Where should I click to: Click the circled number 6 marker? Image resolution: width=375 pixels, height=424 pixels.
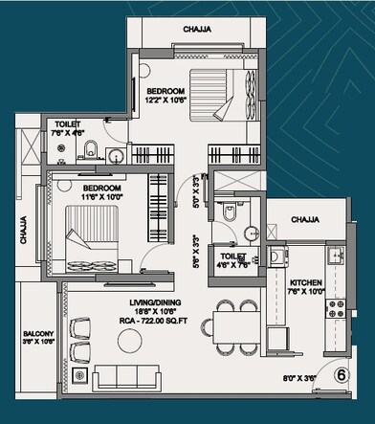(339, 375)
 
